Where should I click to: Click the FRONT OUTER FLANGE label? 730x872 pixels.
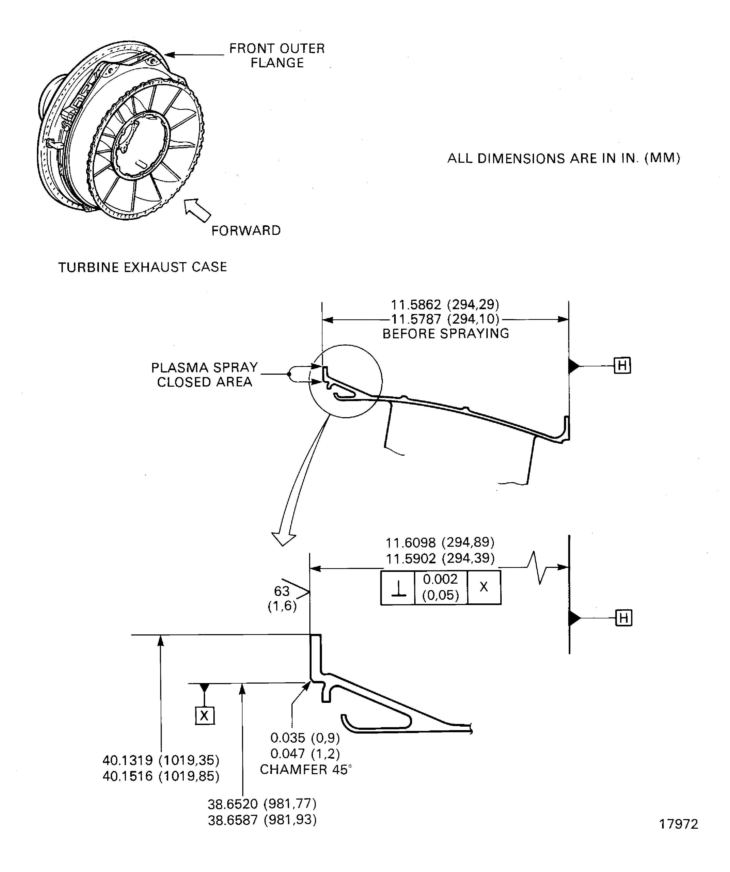277,56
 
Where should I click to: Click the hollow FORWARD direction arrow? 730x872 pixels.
198,210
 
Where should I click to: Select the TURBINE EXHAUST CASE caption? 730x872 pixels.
143,267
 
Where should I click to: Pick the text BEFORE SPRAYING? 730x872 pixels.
445,334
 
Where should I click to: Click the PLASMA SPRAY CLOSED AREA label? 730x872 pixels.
204,375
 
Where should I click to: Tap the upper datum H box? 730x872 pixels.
622,366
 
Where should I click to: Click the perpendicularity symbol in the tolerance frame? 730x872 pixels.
398,588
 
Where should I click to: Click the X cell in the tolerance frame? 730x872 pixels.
484,587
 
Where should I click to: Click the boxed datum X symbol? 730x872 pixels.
204,715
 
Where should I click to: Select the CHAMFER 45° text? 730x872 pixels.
305,769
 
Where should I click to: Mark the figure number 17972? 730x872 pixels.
678,824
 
